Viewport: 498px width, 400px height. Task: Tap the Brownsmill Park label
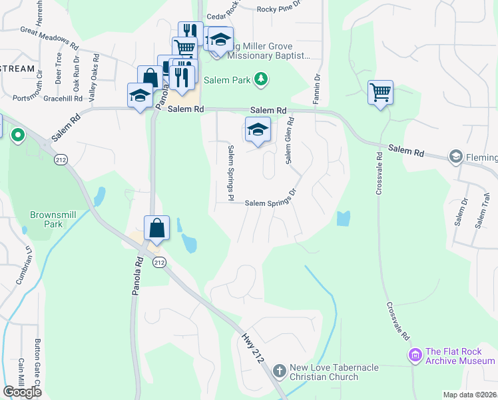(46, 219)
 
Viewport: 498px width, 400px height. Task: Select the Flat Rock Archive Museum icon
(416, 355)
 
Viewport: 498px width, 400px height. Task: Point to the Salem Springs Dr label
(270, 202)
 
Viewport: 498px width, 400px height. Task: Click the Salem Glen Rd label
(290, 141)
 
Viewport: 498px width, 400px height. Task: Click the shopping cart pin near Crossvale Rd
(380, 93)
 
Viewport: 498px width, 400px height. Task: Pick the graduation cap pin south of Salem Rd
(258, 130)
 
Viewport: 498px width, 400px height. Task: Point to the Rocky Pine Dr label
(279, 9)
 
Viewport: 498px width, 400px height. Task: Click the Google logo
(22, 391)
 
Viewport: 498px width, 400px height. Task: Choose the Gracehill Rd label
(61, 97)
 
